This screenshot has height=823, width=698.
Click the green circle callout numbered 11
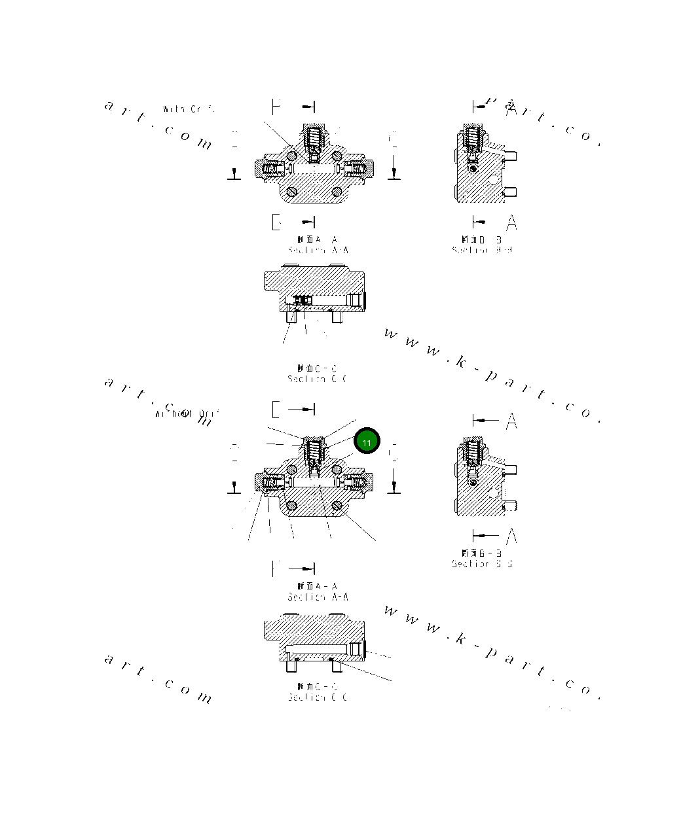(x=367, y=442)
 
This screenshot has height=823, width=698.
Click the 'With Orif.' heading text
(x=189, y=109)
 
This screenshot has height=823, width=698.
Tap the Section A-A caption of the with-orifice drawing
(x=318, y=250)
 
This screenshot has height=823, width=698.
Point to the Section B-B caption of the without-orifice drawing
(x=482, y=563)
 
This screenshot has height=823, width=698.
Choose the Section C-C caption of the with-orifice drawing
(x=318, y=378)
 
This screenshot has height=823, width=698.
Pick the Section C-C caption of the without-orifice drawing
(x=318, y=697)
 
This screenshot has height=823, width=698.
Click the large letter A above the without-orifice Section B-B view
(x=511, y=422)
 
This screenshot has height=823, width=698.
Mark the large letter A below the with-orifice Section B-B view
(x=511, y=222)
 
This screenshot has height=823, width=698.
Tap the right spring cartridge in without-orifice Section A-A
(x=359, y=483)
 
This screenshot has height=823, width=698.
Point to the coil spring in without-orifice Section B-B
(x=471, y=451)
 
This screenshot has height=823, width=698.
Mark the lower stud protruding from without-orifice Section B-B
(x=510, y=506)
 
